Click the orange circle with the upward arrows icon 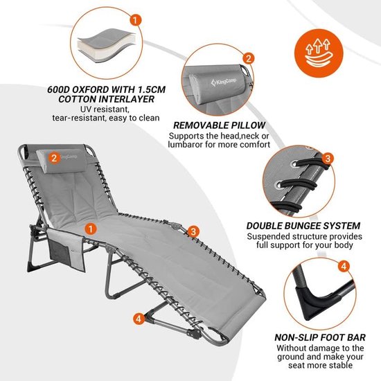point(319,53)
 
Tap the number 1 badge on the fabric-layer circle point(136,20)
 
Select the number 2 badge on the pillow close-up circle point(248,59)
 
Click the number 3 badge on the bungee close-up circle point(328,159)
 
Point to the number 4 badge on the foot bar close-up point(344,266)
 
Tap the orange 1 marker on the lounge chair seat point(90,229)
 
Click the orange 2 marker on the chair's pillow point(54,158)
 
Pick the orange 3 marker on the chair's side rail point(193,231)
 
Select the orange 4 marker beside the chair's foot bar point(139,318)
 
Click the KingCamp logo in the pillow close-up point(224,82)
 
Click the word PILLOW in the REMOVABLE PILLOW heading point(247,125)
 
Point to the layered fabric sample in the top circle point(107,45)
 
